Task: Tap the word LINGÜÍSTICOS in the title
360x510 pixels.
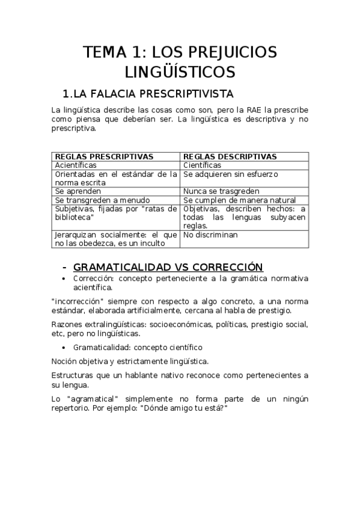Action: coord(180,73)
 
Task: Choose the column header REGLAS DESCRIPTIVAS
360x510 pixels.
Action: coord(230,156)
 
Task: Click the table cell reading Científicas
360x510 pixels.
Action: coord(202,165)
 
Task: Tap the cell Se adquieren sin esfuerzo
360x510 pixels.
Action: coord(230,174)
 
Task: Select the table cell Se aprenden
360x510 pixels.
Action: coord(75,191)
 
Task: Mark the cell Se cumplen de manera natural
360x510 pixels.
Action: coord(239,200)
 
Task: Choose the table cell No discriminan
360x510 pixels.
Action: coord(212,235)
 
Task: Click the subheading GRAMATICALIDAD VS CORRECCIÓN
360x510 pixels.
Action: coord(168,267)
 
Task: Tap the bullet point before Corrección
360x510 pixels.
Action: coord(65,279)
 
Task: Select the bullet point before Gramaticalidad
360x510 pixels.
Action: coord(65,348)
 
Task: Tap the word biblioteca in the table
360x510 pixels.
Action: coord(75,217)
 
